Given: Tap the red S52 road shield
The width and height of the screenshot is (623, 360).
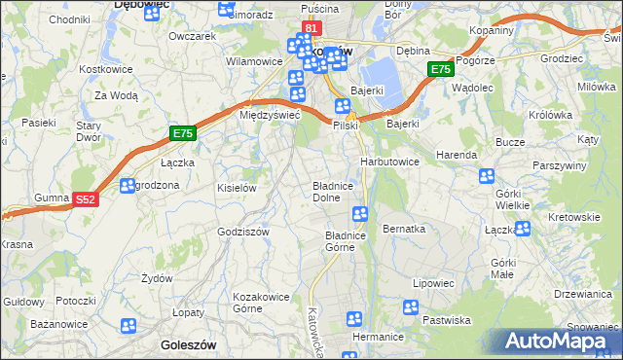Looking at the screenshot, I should [87, 199].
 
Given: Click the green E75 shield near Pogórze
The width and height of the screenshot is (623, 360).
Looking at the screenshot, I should [441, 70].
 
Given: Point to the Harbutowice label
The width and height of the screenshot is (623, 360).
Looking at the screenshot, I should [389, 162].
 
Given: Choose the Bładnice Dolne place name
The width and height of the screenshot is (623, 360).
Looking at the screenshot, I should [338, 191].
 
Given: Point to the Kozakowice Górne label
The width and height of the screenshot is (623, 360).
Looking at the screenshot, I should [256, 302].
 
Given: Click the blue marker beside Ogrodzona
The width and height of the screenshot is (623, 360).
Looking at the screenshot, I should [128, 186].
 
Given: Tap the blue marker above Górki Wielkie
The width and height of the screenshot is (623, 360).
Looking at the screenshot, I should [487, 176].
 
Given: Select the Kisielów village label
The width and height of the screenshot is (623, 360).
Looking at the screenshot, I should [237, 188].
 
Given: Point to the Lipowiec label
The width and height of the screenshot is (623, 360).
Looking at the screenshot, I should [433, 283].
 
